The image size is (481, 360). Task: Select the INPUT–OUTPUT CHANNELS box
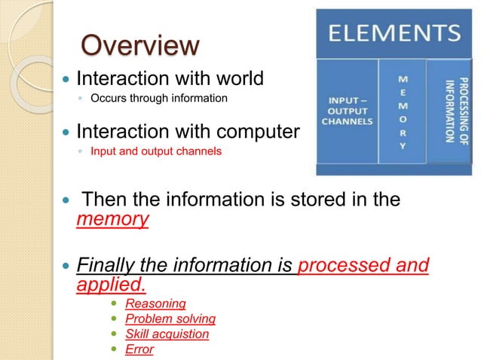(x=347, y=111)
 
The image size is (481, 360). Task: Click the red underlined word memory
(x=112, y=219)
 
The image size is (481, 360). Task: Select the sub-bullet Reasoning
(x=155, y=304)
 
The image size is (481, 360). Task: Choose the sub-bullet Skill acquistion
(x=167, y=334)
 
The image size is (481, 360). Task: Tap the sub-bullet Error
(x=139, y=349)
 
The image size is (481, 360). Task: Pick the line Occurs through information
(x=158, y=98)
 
